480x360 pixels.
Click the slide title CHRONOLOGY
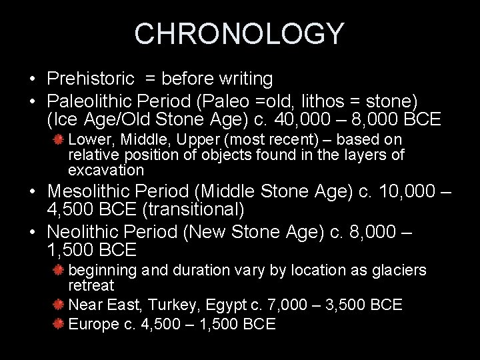[x=239, y=33]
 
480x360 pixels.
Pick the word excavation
[x=101, y=169]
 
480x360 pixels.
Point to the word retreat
[x=91, y=285]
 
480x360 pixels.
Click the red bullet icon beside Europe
[x=59, y=324]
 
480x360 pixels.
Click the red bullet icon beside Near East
[x=59, y=305]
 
